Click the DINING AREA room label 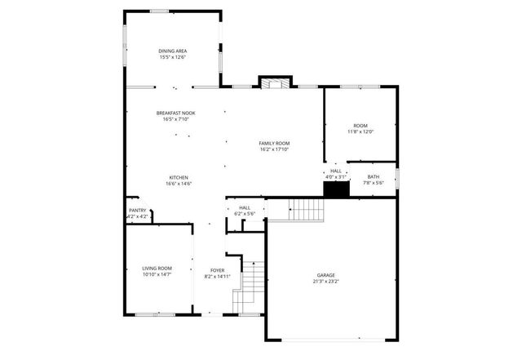click(x=173, y=51)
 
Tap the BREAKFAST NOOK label click(x=176, y=113)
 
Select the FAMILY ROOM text click(x=274, y=143)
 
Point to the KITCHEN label click(x=179, y=178)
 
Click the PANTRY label click(x=137, y=211)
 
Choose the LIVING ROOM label click(x=157, y=268)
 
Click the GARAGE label click(x=326, y=275)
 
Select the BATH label click(x=373, y=177)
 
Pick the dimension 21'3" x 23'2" click(x=326, y=282)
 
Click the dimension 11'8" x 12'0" click(x=360, y=131)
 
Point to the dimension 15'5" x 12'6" click(x=173, y=57)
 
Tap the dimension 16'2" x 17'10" click(x=274, y=149)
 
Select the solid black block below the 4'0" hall click(x=336, y=189)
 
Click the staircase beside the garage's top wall click(x=307, y=211)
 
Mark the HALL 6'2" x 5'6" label click(x=245, y=211)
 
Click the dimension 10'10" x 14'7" click(x=157, y=274)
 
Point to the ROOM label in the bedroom click(x=360, y=126)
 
